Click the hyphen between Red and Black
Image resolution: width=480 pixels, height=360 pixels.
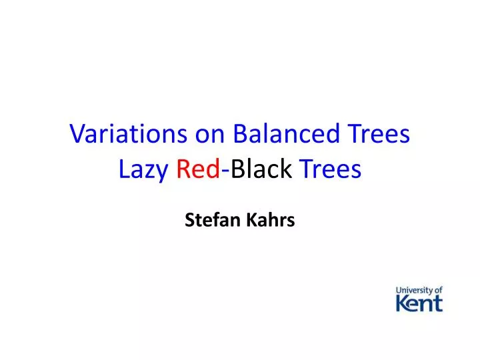pyautogui.click(x=226, y=172)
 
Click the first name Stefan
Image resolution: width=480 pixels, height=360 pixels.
pyautogui.click(x=207, y=220)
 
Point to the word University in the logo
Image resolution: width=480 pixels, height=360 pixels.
pyautogui.click(x=413, y=291)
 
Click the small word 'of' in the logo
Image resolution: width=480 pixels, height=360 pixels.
pyautogui.click(x=438, y=291)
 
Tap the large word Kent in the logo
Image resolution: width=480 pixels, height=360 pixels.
pyautogui.click(x=419, y=304)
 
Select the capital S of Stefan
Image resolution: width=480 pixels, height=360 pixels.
pyautogui.click(x=189, y=220)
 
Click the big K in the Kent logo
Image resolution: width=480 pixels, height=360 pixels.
pyautogui.click(x=403, y=304)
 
